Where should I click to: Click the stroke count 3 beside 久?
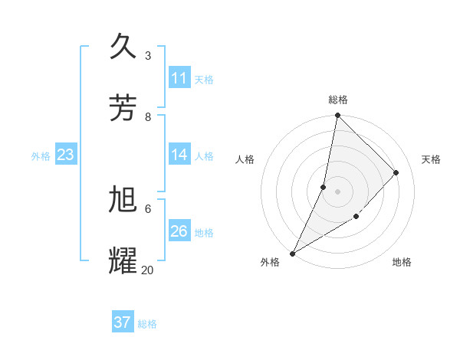pos(148,55)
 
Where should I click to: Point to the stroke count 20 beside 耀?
pos(148,270)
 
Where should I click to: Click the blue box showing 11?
pos(179,78)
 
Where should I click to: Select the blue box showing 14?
pos(179,155)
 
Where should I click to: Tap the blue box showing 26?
pos(179,231)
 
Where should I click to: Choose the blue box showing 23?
pos(66,155)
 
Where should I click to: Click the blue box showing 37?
pos(123,322)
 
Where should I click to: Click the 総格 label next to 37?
pos(148,324)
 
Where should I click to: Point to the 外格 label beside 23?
pos(41,155)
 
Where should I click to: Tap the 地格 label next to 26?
pos(205,232)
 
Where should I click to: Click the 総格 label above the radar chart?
pos(338,100)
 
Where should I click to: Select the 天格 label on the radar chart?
pos(431,159)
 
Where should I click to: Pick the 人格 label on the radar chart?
pos(245,159)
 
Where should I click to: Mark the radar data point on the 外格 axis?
pos(292,254)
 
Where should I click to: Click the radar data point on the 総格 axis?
pos(337,115)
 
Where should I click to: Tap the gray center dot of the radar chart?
pos(337,191)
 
